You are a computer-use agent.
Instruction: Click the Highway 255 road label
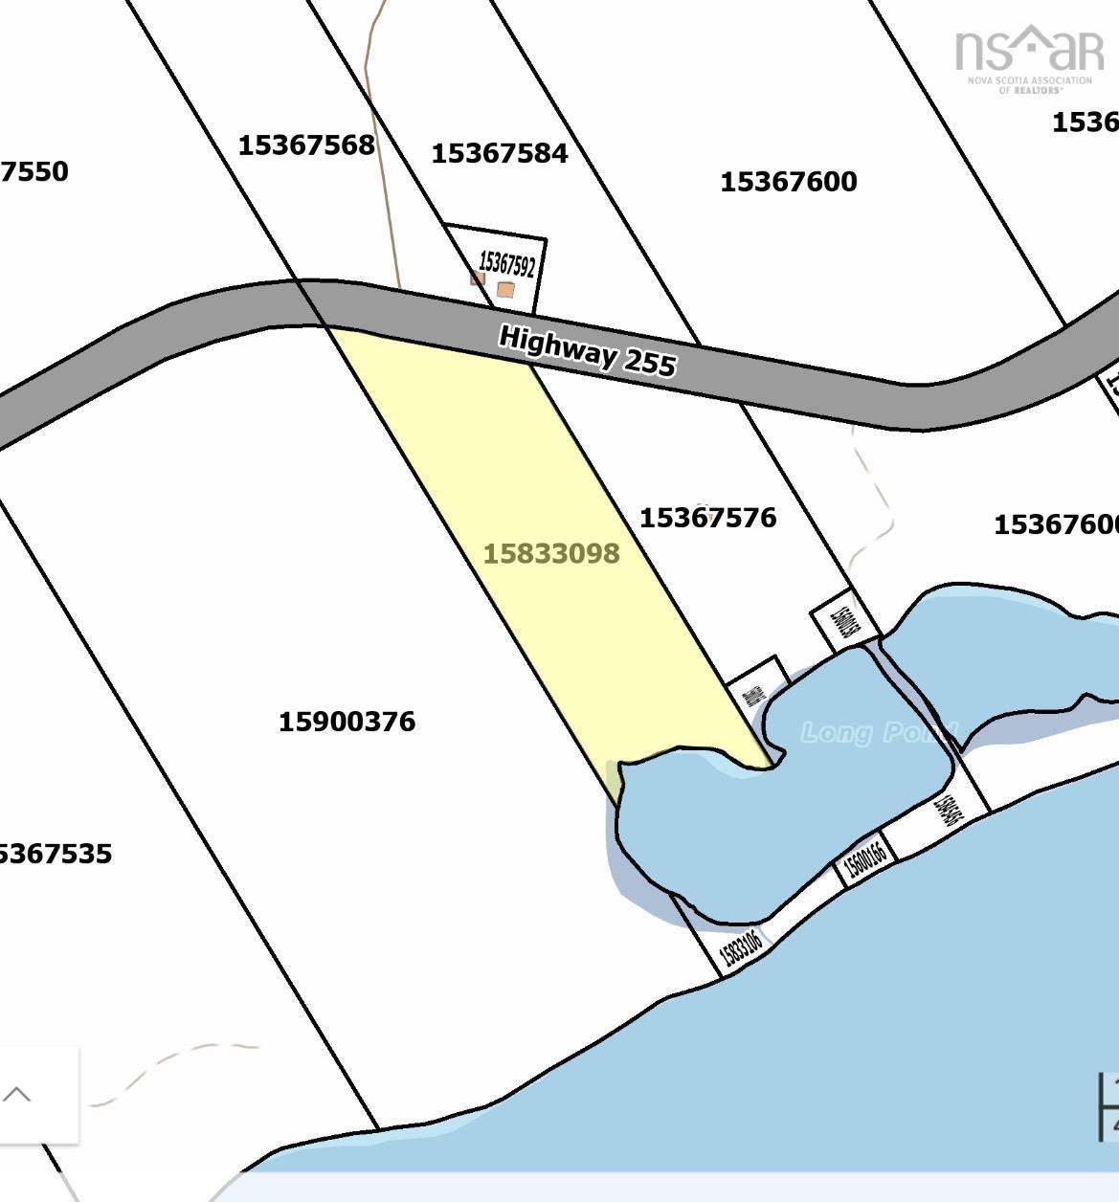pyautogui.click(x=588, y=351)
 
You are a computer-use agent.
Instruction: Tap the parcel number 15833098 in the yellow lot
pyautogui.click(x=551, y=554)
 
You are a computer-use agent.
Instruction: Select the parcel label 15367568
pyautogui.click(x=306, y=145)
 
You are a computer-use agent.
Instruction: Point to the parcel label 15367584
pyautogui.click(x=500, y=153)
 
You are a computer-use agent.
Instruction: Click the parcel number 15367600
pyautogui.click(x=788, y=182)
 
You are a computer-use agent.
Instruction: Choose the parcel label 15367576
pyautogui.click(x=707, y=518)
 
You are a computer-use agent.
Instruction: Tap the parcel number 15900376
pyautogui.click(x=347, y=722)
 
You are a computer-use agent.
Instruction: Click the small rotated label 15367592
pyautogui.click(x=506, y=262)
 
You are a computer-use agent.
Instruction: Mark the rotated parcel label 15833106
pyautogui.click(x=740, y=947)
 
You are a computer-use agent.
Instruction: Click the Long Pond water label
pyautogui.click(x=878, y=733)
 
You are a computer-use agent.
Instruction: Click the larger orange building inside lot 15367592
pyautogui.click(x=505, y=289)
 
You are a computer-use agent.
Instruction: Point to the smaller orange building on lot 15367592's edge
pyautogui.click(x=478, y=278)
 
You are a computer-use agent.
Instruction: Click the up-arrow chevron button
pyautogui.click(x=18, y=1095)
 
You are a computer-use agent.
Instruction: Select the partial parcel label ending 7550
pyautogui.click(x=34, y=172)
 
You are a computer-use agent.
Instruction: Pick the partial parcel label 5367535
pyautogui.click(x=56, y=854)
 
